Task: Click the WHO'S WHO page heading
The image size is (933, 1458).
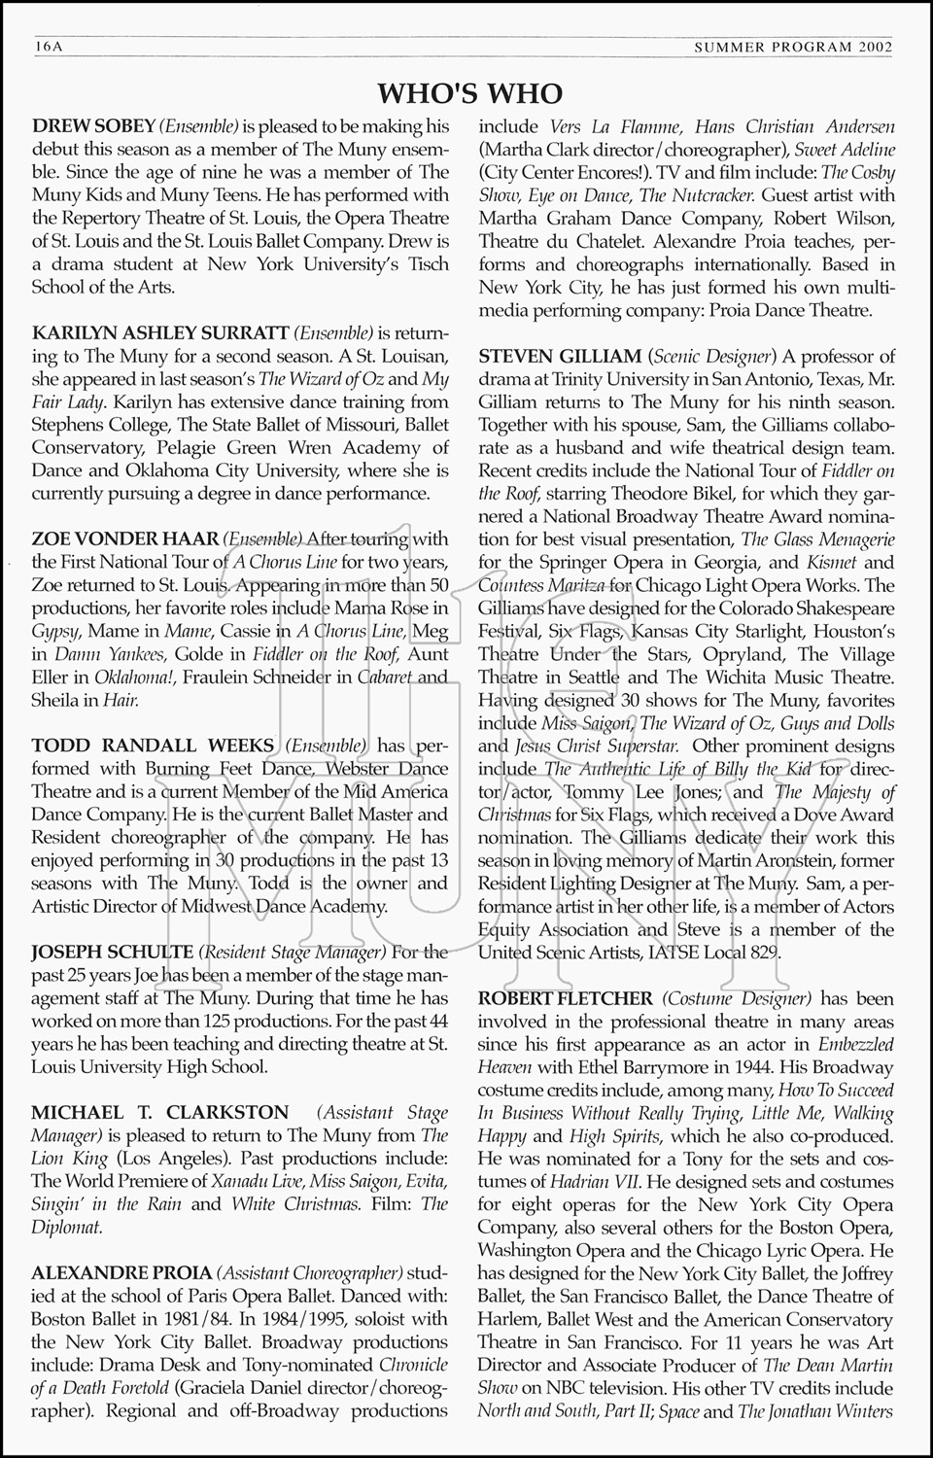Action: [x=469, y=92]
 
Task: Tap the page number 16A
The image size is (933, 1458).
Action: [x=47, y=46]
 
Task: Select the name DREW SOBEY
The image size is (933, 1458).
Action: [x=93, y=126]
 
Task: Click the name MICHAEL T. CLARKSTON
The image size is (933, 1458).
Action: [x=160, y=1112]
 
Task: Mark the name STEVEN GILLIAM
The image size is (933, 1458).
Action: [x=560, y=357]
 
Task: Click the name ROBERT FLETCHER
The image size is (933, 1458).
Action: [x=566, y=998]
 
